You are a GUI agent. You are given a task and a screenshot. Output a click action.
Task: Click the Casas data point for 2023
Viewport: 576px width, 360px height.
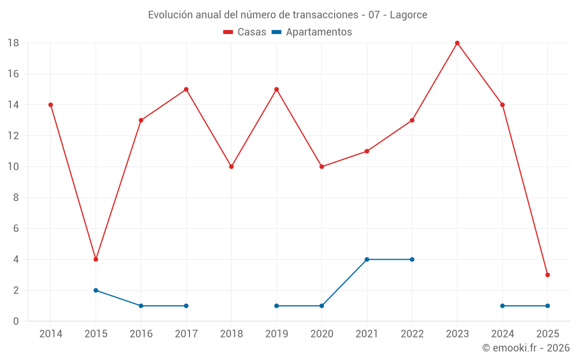pos(457,43)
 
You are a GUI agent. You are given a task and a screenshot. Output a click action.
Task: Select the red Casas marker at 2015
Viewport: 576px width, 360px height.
pos(96,259)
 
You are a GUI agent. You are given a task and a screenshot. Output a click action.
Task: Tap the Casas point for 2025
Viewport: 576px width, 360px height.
pos(547,275)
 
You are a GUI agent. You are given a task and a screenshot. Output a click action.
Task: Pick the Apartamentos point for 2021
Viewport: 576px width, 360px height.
pos(367,259)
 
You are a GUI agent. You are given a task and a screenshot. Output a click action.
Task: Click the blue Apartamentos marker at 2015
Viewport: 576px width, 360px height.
pos(96,290)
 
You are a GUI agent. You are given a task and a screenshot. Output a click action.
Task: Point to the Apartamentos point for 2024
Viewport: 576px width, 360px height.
pos(502,306)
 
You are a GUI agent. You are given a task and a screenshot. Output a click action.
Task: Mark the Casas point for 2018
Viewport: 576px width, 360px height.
pos(231,166)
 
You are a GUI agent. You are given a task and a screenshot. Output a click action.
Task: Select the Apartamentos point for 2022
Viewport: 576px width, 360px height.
pos(412,259)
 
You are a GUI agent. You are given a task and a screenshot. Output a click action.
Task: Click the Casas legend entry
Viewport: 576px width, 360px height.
pos(245,32)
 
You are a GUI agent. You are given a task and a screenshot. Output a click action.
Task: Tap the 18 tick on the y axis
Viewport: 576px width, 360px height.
pos(13,43)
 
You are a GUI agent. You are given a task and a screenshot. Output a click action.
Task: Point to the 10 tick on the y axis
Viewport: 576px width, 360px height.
pos(13,167)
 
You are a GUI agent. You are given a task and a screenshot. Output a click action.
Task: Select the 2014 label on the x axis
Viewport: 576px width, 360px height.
pos(51,334)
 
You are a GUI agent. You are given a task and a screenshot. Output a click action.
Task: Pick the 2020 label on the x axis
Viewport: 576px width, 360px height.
pos(321,334)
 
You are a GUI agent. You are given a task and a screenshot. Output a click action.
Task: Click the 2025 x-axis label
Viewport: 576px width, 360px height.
pos(547,334)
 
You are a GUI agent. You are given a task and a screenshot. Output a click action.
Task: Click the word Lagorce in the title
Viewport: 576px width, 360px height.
pos(408,15)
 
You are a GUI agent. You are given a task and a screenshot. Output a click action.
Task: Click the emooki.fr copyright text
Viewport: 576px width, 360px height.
pos(526,348)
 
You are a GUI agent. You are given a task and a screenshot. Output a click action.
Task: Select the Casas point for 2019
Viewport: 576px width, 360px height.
pos(276,89)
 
